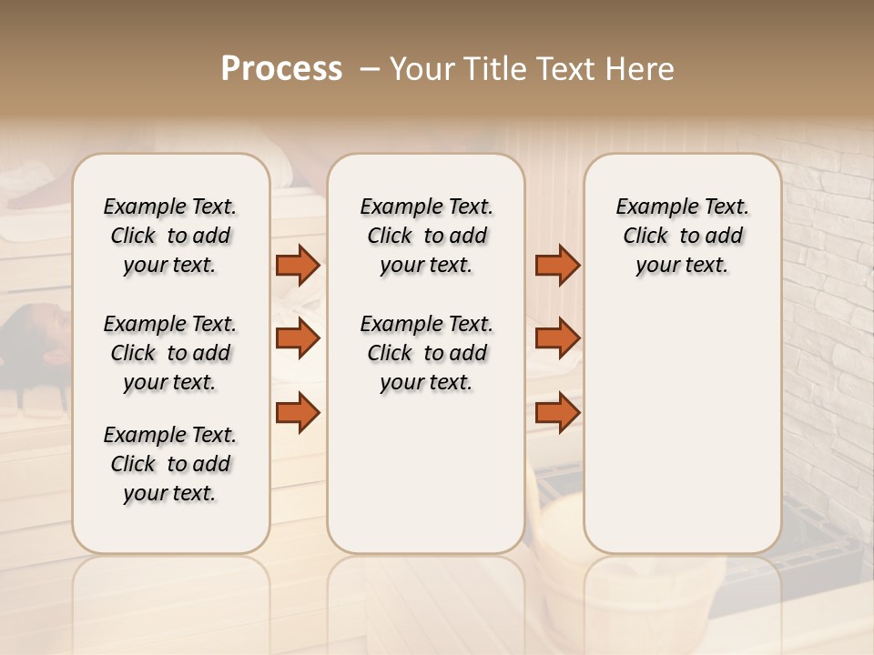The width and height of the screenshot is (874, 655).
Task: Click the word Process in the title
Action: pos(281,69)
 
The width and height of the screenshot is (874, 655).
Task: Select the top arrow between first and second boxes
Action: pos(298,265)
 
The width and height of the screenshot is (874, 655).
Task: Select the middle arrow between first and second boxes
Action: pos(298,338)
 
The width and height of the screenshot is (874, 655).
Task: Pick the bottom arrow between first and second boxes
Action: pos(298,412)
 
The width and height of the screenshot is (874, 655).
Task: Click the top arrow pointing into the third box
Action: pos(557,265)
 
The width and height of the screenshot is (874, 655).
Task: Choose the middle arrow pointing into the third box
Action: pos(557,338)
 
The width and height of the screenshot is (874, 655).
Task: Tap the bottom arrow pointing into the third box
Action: pos(557,412)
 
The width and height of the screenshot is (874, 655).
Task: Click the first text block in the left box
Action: pos(170,236)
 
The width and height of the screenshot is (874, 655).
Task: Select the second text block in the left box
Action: pos(170,353)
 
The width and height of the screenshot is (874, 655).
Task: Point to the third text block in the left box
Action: pos(170,464)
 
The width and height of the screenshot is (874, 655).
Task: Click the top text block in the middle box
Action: pos(426,236)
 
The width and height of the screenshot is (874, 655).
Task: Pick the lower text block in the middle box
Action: pos(426,353)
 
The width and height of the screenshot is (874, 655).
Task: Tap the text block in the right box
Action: pos(682,236)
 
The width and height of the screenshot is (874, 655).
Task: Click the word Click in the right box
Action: pos(645,236)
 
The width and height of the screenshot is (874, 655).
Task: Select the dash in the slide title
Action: pos(370,69)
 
